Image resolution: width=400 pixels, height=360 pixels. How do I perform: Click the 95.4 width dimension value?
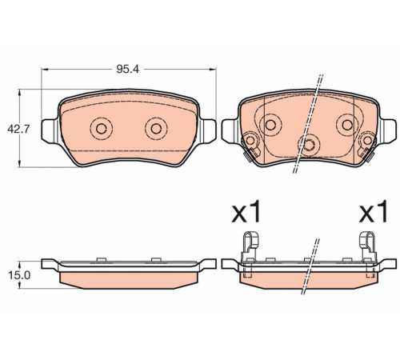(127, 70)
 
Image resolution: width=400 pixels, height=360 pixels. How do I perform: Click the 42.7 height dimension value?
(18, 129)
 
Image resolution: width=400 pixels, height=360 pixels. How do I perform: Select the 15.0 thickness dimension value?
(19, 275)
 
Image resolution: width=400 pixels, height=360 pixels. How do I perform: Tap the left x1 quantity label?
(246, 213)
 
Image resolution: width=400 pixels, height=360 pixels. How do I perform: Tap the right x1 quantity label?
(373, 213)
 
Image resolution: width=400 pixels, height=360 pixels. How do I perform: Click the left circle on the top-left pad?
(102, 129)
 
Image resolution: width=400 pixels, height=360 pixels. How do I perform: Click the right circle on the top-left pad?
(156, 129)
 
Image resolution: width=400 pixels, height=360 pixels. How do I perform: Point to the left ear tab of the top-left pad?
(50, 131)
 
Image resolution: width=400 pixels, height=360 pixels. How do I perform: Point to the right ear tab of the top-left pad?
(208, 131)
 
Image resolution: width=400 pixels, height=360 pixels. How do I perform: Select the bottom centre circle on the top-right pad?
(309, 145)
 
